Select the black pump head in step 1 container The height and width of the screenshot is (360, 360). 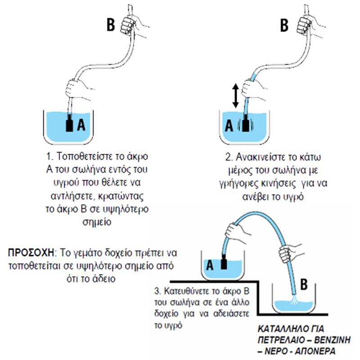coord(69,124)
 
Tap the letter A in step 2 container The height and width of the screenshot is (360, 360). coord(229,126)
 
